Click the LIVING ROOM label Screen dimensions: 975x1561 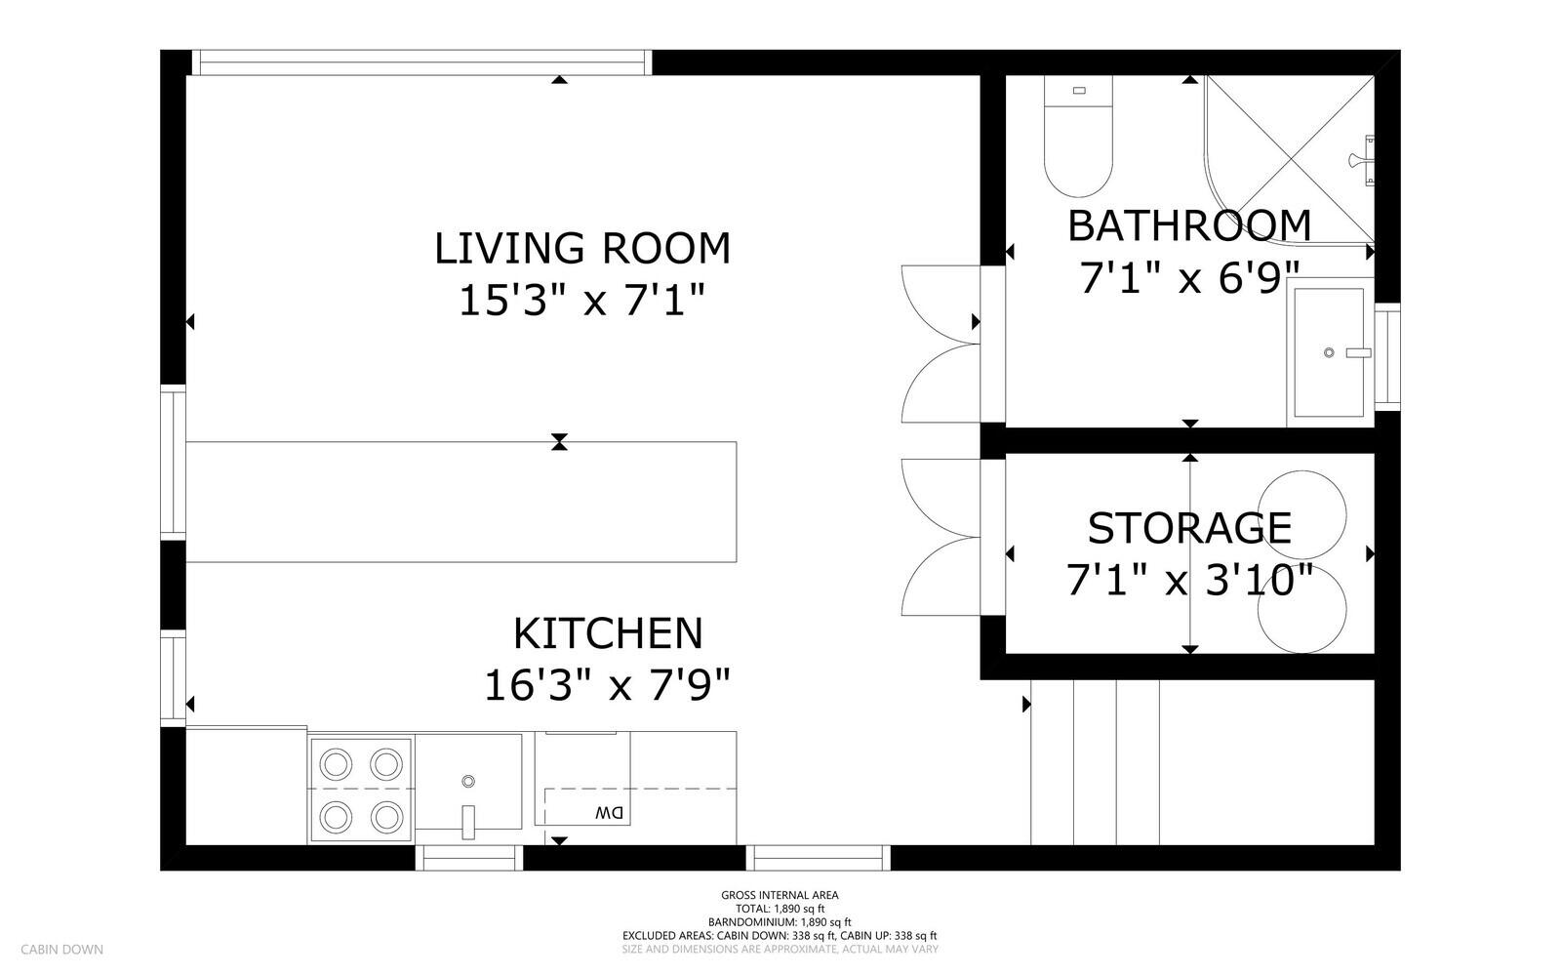coord(581,249)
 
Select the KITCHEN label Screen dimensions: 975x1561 coord(608,633)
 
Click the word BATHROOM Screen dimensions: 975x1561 coord(1188,226)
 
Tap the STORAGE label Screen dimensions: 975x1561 coord(1188,529)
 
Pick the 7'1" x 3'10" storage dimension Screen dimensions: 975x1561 coord(1188,582)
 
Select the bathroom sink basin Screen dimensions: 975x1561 coord(1328,352)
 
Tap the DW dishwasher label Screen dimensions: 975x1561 coord(608,812)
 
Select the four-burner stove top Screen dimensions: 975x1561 coord(361,789)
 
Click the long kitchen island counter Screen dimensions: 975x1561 coord(460,502)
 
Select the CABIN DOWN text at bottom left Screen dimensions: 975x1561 coord(61,949)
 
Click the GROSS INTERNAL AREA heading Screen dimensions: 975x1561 coord(780,895)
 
